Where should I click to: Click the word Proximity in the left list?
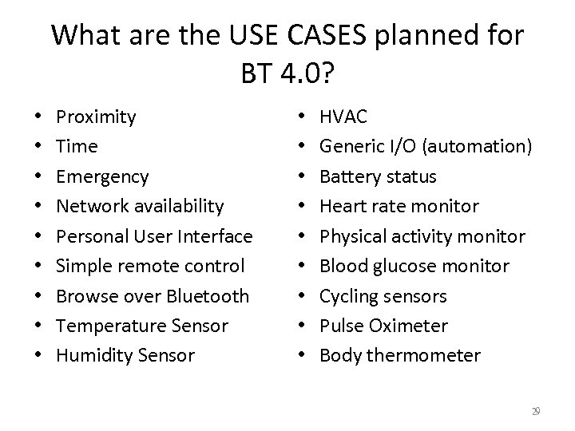pos(96,117)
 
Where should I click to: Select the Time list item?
pos(77,147)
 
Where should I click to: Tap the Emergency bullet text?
pos(102,176)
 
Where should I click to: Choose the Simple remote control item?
pos(150,266)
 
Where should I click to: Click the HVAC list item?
pos(343,117)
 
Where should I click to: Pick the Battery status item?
pos(378,176)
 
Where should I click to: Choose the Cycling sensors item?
pos(384,296)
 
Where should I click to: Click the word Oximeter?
pos(414,326)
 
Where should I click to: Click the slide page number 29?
pos(536,410)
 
